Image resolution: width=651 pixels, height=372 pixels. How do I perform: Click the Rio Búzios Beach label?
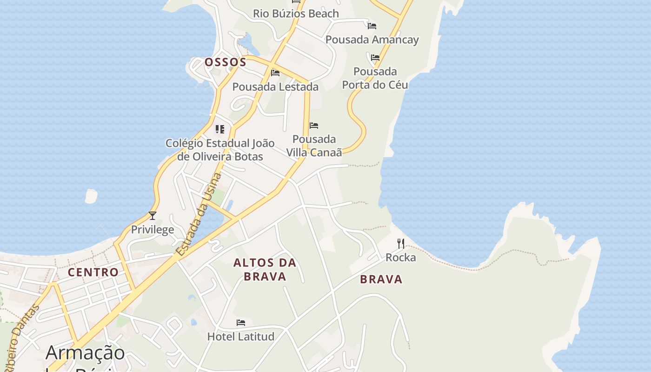click(296, 13)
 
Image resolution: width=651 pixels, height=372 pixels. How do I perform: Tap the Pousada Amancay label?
click(372, 40)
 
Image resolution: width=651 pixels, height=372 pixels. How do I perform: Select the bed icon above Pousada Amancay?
click(372, 26)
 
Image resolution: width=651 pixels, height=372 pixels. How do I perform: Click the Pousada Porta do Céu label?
click(375, 78)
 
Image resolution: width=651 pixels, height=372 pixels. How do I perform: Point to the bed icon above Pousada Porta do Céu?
click(375, 58)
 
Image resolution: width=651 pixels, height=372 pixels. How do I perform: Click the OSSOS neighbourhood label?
click(226, 62)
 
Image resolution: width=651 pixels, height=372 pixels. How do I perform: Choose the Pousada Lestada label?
click(275, 87)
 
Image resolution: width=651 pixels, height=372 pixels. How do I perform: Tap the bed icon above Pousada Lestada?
click(275, 73)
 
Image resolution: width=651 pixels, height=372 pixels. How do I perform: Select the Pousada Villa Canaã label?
click(314, 146)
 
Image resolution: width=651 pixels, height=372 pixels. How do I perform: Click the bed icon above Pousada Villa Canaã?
click(314, 126)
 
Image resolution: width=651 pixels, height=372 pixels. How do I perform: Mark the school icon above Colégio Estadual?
click(220, 129)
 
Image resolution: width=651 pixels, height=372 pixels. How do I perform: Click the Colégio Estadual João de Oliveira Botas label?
click(220, 150)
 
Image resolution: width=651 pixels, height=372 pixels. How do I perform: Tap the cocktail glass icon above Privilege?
click(153, 215)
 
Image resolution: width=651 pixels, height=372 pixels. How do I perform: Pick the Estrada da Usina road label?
click(199, 215)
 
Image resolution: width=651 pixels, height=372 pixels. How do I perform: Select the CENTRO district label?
click(93, 272)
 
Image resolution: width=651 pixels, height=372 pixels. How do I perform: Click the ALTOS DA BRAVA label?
click(265, 270)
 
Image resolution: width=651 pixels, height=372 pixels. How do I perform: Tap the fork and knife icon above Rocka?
click(401, 243)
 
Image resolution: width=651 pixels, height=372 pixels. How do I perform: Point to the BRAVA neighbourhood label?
click(381, 279)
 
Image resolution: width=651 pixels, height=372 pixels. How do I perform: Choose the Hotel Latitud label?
click(241, 336)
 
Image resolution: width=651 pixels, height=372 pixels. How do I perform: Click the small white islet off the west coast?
click(91, 196)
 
